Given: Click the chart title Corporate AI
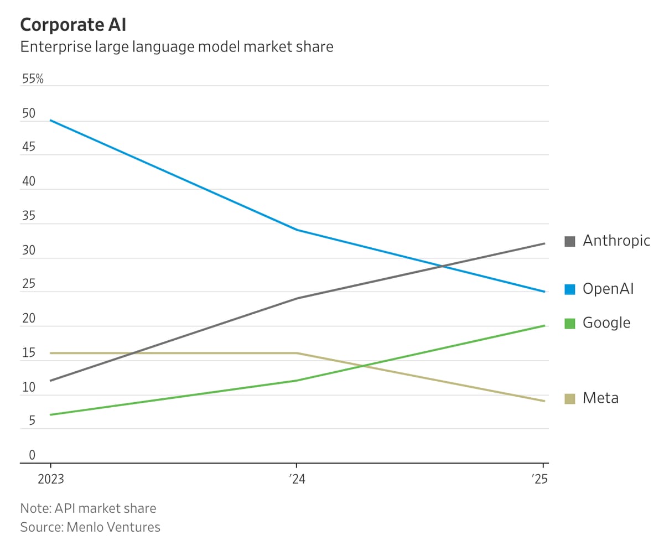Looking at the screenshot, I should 73,25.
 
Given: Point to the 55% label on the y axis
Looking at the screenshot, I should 33,79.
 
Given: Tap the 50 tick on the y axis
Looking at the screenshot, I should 29,114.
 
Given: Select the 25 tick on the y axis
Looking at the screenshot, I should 29,285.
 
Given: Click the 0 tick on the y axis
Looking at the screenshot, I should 32,455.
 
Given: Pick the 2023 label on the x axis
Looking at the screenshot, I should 50,479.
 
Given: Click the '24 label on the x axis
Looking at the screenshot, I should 297,479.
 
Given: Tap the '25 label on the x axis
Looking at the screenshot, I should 541,479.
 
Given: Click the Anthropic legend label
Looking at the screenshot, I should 616,241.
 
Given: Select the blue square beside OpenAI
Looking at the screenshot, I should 570,289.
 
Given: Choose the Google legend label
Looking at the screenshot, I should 606,323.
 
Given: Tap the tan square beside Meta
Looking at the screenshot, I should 570,398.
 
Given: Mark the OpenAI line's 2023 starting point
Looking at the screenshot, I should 50,120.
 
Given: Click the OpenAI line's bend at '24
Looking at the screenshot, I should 297,230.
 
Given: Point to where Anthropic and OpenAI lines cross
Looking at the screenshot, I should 442,267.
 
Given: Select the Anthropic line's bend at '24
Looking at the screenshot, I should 297,298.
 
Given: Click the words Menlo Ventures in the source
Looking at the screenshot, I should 113,527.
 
